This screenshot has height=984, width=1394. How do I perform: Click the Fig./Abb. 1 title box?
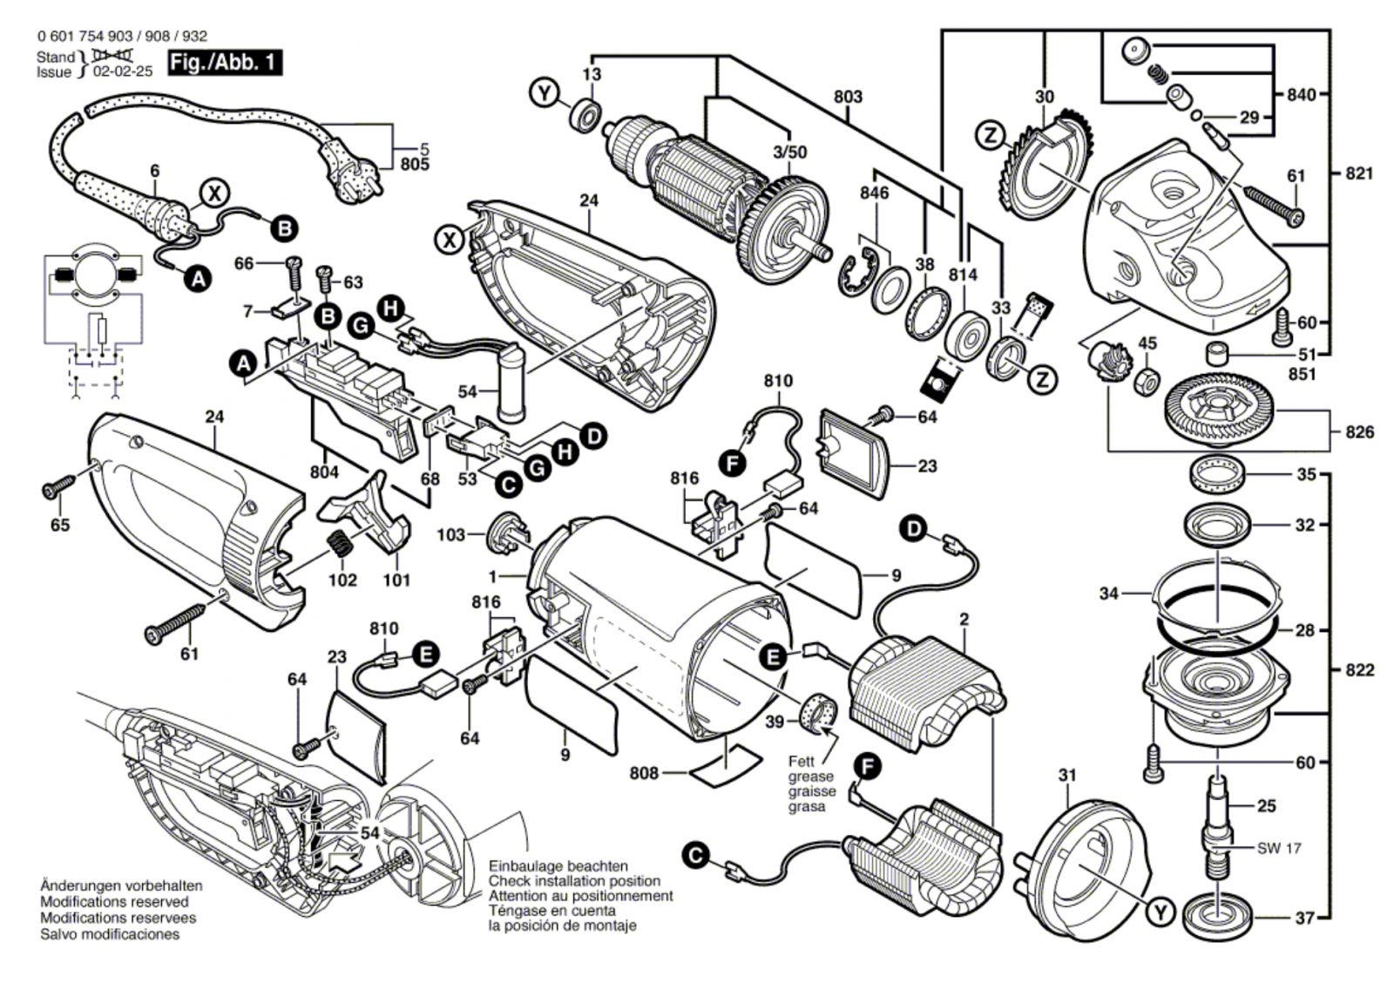(x=225, y=63)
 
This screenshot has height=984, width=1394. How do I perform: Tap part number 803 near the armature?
(x=847, y=97)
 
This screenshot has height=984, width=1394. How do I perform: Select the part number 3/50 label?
(x=789, y=152)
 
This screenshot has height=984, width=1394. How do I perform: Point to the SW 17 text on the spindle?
(x=1279, y=848)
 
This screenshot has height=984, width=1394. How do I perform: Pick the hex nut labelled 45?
(x=1148, y=381)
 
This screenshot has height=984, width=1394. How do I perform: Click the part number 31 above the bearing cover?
(x=1067, y=776)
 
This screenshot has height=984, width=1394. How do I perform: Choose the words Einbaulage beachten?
(x=558, y=866)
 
